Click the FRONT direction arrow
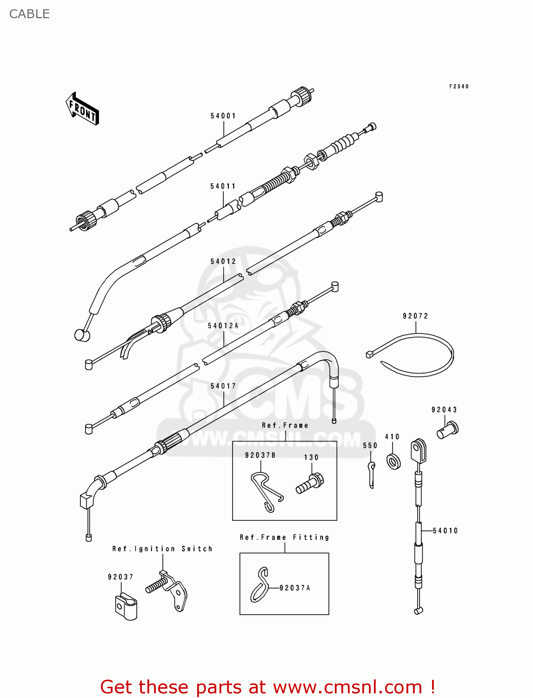(x=82, y=109)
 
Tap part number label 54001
(x=223, y=116)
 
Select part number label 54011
(x=223, y=187)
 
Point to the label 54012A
(x=223, y=326)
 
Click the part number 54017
(x=223, y=386)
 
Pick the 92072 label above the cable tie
(x=415, y=316)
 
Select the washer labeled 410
(x=394, y=461)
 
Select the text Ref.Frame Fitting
(x=284, y=537)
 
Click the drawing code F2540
(x=459, y=87)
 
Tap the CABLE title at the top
(x=29, y=14)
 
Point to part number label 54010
(x=445, y=531)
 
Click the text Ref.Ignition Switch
(x=162, y=549)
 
